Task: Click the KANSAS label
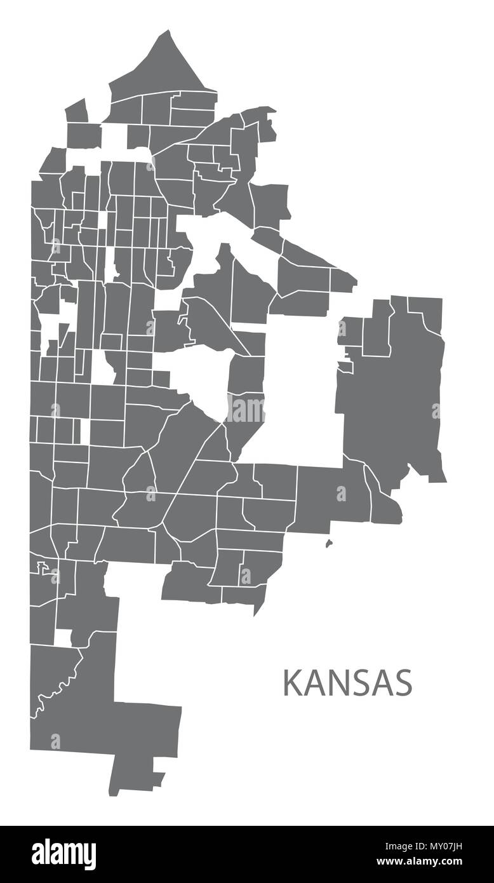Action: (347, 682)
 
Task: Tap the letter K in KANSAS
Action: (291, 682)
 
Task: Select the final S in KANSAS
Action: (403, 682)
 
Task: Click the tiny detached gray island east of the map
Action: (329, 543)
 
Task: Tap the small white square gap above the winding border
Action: (63, 638)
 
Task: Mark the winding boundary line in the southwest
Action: (60, 683)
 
